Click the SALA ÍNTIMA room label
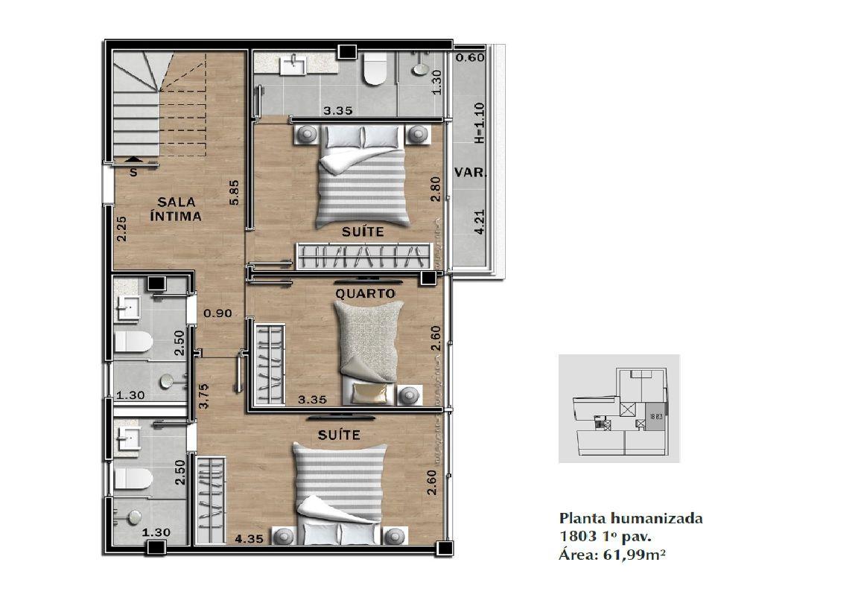[176, 209]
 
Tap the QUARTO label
[365, 294]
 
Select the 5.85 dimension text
[234, 193]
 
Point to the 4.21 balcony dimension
[480, 223]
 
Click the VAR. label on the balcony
[470, 172]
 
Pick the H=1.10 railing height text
[480, 123]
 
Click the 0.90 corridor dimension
[217, 313]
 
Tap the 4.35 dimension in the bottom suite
[249, 539]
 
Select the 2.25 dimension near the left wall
[121, 229]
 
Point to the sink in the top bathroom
[294, 65]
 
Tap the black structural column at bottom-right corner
[445, 547]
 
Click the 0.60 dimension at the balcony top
[470, 57]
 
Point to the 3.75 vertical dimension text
[203, 396]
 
